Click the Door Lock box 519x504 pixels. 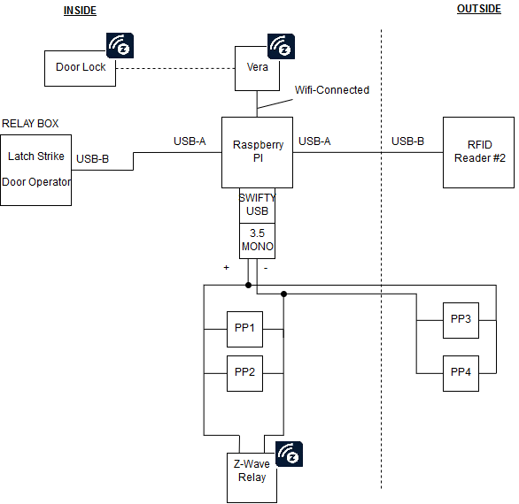tap(81, 68)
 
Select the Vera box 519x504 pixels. tap(257, 68)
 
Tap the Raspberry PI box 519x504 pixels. tap(257, 152)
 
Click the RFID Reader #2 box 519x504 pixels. tap(478, 152)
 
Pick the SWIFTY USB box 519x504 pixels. tap(257, 205)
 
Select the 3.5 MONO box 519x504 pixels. tap(257, 241)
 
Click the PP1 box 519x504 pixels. tap(244, 329)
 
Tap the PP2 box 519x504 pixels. tap(244, 373)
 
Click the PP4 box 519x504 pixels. tap(461, 373)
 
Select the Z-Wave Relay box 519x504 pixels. tap(257, 471)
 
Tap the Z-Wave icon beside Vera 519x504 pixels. tap(281, 46)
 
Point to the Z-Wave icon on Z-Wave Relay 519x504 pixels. tap(290, 453)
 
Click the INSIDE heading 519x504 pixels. tap(80, 10)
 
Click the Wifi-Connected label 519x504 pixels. tap(331, 90)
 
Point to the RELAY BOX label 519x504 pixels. tap(30, 124)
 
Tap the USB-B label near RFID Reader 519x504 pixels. tap(407, 141)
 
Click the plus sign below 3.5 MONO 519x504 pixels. tap(227, 266)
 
